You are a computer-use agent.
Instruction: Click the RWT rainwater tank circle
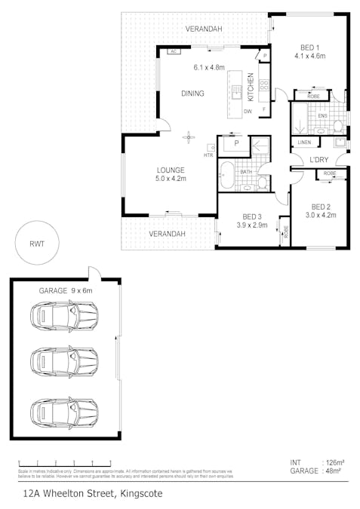point(36,243)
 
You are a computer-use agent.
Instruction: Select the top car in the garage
point(64,316)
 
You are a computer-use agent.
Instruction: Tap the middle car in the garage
point(64,361)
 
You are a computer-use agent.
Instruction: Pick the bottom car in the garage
point(64,412)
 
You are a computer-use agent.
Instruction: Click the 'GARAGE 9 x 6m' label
point(65,290)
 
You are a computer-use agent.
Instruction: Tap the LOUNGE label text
point(171,170)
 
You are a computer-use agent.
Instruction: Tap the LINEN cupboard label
point(304,142)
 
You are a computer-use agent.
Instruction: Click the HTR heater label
point(208,155)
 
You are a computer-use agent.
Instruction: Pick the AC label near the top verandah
point(173,51)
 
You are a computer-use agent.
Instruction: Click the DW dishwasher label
point(247,112)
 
